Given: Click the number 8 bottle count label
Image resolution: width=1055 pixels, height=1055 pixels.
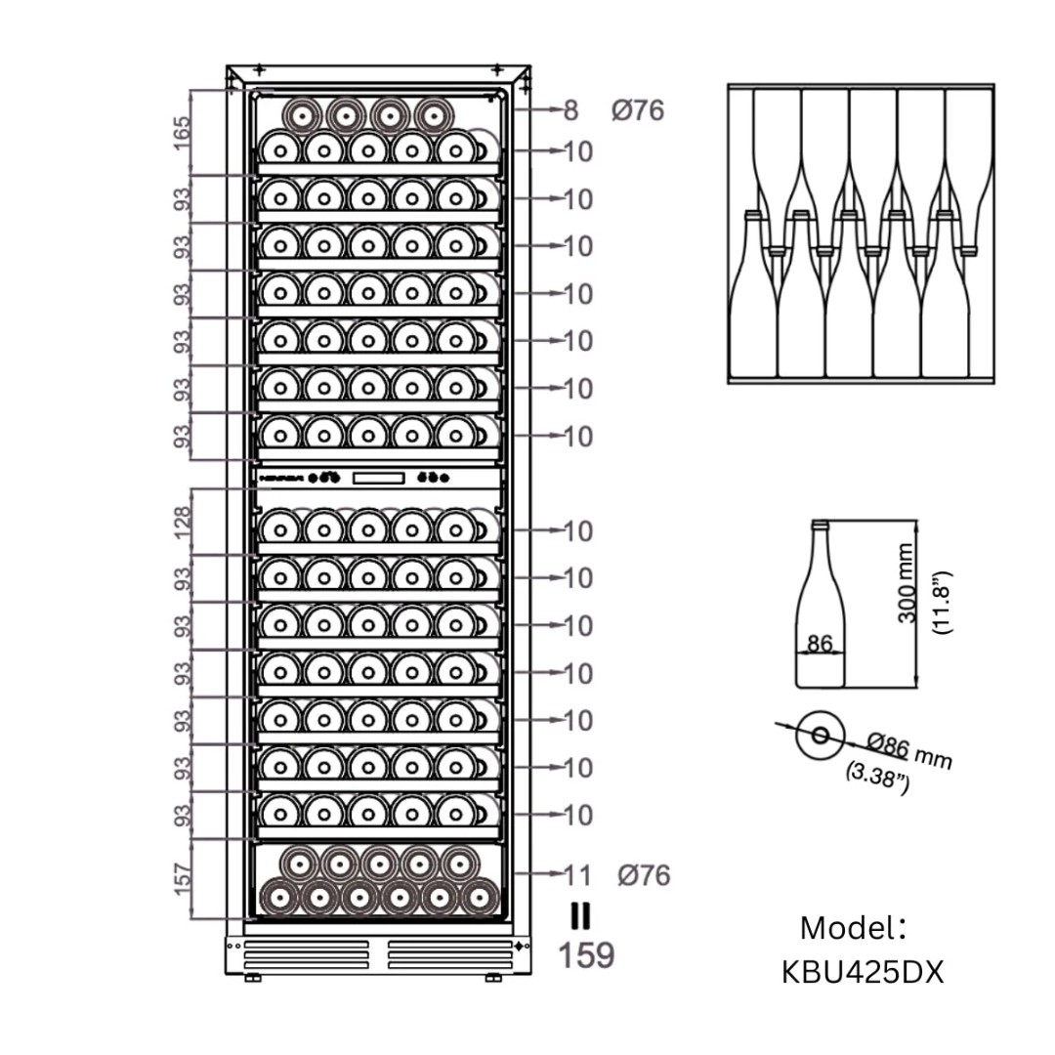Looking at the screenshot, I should click(x=570, y=110).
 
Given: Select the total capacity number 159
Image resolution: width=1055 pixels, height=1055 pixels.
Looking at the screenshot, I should click(x=586, y=954).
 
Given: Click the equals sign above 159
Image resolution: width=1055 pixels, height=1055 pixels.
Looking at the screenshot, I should click(x=580, y=915).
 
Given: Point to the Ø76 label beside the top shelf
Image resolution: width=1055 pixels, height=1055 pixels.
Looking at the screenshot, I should click(x=637, y=110).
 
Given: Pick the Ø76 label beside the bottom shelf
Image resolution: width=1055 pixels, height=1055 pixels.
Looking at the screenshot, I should click(x=644, y=874).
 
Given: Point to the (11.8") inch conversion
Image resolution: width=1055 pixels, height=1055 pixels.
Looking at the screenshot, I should click(x=942, y=604).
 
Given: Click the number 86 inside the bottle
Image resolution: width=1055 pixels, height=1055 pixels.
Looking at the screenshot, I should click(x=820, y=644).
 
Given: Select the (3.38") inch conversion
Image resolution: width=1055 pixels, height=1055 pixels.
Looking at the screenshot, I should click(x=877, y=778).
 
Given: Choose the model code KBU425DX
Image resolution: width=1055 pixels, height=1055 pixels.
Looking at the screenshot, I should click(x=863, y=972).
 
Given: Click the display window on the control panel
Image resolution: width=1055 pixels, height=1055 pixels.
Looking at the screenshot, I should click(x=377, y=478).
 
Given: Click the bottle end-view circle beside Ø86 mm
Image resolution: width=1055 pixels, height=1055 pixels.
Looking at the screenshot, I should click(x=818, y=734).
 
